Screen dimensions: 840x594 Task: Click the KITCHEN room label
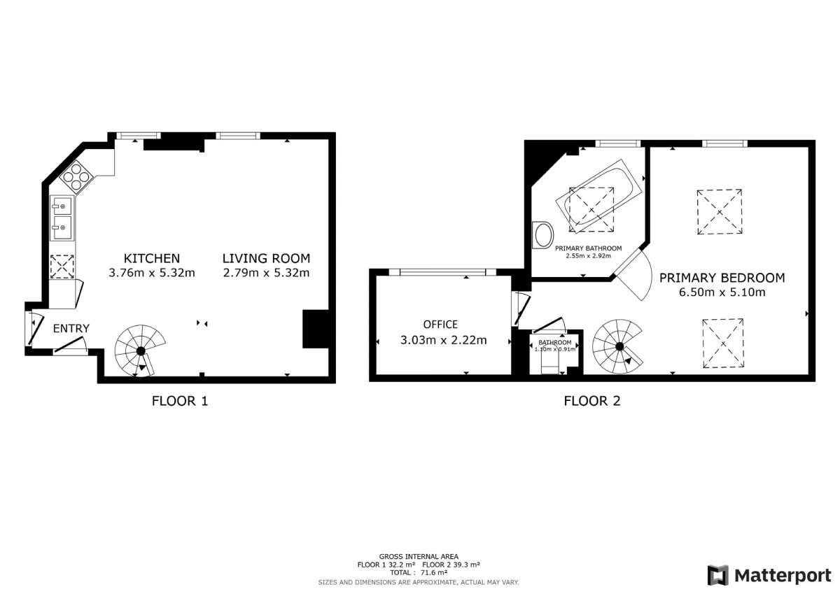click(x=152, y=258)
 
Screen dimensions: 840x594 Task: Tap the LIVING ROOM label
click(x=266, y=258)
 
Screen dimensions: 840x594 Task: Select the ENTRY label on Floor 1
click(x=71, y=328)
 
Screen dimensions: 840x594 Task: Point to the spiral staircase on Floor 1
click(x=140, y=351)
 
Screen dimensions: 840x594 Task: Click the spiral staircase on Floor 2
click(x=617, y=346)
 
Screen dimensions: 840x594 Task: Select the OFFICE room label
click(x=440, y=324)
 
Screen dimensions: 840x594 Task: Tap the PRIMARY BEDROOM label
click(x=722, y=278)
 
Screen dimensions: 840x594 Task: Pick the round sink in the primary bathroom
click(x=543, y=234)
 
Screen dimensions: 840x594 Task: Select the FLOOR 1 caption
click(x=180, y=401)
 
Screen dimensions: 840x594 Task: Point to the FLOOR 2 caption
click(x=592, y=401)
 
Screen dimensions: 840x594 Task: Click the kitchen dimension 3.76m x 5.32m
click(x=152, y=272)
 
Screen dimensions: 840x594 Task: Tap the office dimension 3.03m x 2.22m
click(x=444, y=340)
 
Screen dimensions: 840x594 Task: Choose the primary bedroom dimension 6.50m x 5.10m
click(x=722, y=292)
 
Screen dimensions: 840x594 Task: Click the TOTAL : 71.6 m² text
click(x=419, y=572)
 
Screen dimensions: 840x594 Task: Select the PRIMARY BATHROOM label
click(x=589, y=248)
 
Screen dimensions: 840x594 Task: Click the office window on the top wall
click(x=442, y=272)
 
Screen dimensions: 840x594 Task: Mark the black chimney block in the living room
click(x=316, y=329)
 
